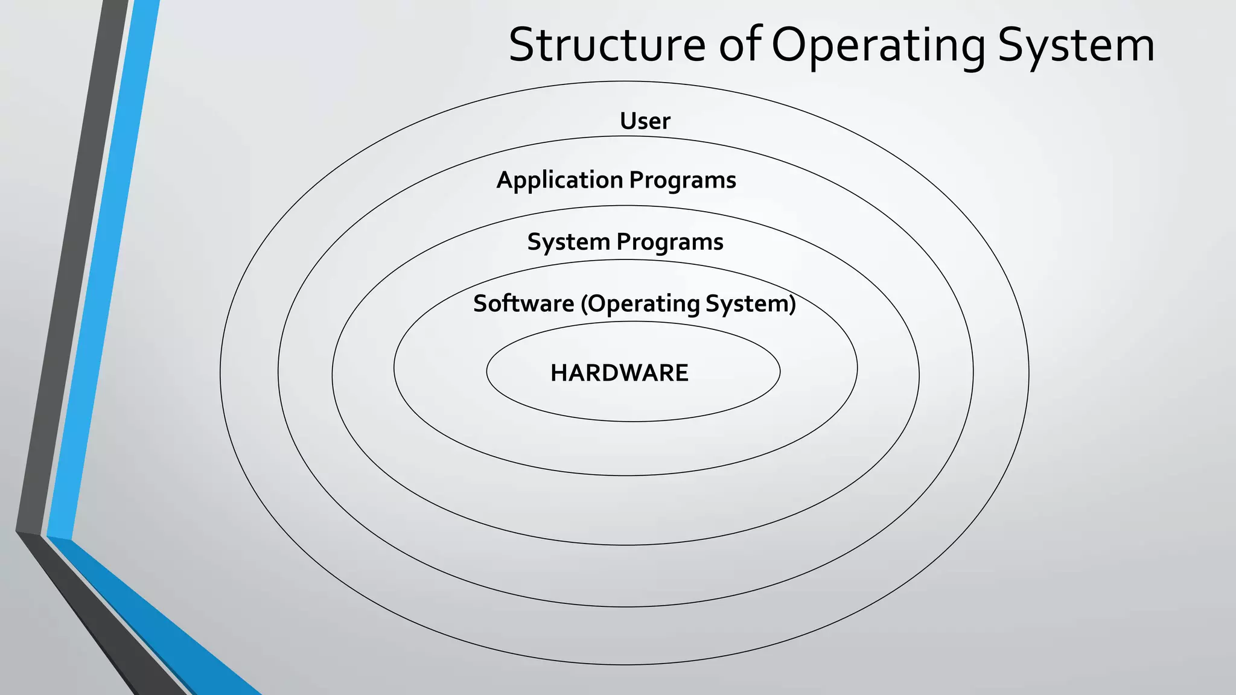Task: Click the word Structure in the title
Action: (607, 45)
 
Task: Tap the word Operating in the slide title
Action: (878, 46)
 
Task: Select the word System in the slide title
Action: (1076, 46)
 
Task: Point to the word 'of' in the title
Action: (740, 45)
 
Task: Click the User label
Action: (645, 121)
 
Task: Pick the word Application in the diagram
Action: (559, 180)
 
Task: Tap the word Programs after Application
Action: (683, 180)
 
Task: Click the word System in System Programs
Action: (569, 242)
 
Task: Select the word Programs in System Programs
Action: (670, 242)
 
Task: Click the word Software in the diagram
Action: (523, 303)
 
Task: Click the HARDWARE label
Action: (619, 373)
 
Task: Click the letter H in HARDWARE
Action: (558, 373)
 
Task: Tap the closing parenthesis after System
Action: (792, 303)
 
